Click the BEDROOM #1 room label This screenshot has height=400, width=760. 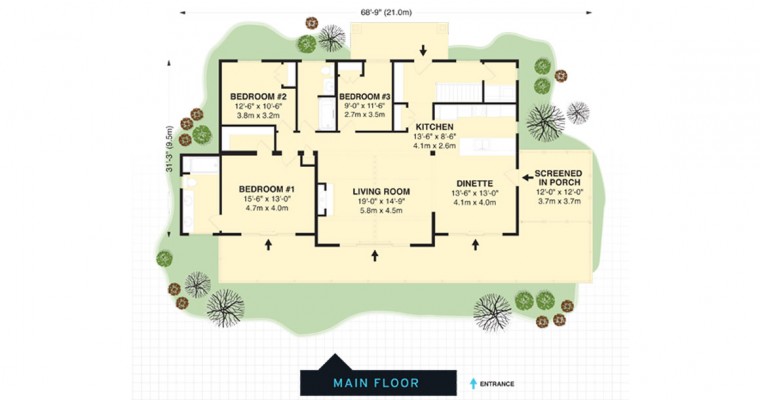pos(267,189)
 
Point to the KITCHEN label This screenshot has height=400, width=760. pos(434,127)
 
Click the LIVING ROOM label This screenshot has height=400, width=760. pos(381,192)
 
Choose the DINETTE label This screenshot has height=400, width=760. pos(475,184)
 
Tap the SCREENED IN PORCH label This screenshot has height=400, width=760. pos(558,178)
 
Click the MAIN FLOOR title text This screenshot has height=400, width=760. pos(376,383)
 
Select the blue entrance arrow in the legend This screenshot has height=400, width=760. pos(474,384)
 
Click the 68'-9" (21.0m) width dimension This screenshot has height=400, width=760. pos(386,13)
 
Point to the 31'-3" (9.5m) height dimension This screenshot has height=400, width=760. pos(169,149)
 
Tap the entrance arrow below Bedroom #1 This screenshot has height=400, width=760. pos(268,245)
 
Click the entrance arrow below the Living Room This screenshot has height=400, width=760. pos(375,256)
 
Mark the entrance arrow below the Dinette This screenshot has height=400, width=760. pos(475,245)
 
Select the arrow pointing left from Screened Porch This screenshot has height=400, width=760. pos(528,178)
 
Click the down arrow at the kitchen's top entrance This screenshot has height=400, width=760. pos(423,50)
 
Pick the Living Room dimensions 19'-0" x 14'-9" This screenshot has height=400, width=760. pos(381,201)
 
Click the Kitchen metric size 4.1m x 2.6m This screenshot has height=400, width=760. pos(434,145)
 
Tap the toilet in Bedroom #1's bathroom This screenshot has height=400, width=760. pos(190,182)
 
